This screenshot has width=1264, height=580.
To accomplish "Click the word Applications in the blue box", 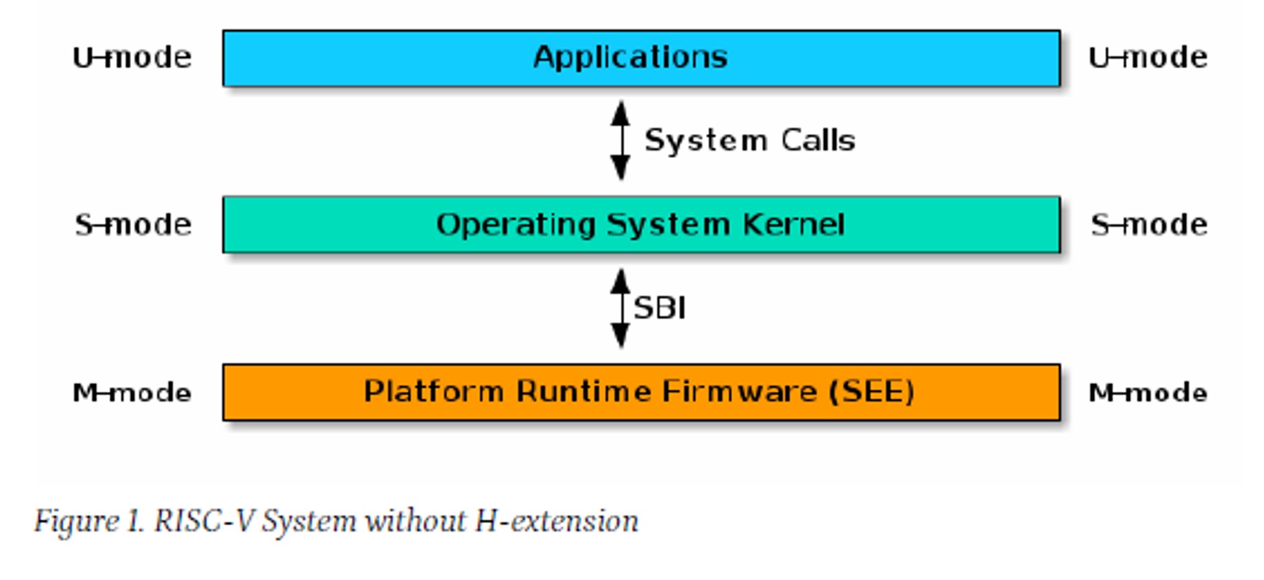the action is click(630, 58).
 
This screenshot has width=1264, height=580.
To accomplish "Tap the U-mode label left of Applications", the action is click(132, 57).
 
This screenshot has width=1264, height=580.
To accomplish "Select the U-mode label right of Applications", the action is click(1148, 57).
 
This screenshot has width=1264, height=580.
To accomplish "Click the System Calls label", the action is click(750, 140).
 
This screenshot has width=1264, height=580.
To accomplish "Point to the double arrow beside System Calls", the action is click(620, 140).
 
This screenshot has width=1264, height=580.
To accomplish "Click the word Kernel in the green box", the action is click(793, 225).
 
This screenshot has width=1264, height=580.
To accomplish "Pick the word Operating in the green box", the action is click(516, 225).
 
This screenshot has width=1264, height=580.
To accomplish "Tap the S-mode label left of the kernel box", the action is click(133, 225).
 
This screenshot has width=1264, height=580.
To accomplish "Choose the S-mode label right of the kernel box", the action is click(1149, 225).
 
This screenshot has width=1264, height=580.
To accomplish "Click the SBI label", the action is click(660, 308).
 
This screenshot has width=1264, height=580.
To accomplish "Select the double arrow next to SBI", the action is click(620, 308).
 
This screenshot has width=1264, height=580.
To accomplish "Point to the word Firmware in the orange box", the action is click(740, 391).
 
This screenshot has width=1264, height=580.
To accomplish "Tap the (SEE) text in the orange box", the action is click(872, 392).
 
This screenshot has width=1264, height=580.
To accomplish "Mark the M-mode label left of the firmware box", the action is click(132, 393).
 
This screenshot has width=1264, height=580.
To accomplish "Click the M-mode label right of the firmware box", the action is click(1148, 393).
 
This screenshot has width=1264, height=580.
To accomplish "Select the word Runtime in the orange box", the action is click(584, 391).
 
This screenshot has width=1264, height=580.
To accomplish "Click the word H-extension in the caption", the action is click(557, 520).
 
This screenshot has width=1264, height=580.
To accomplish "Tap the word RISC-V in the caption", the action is click(203, 520).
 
